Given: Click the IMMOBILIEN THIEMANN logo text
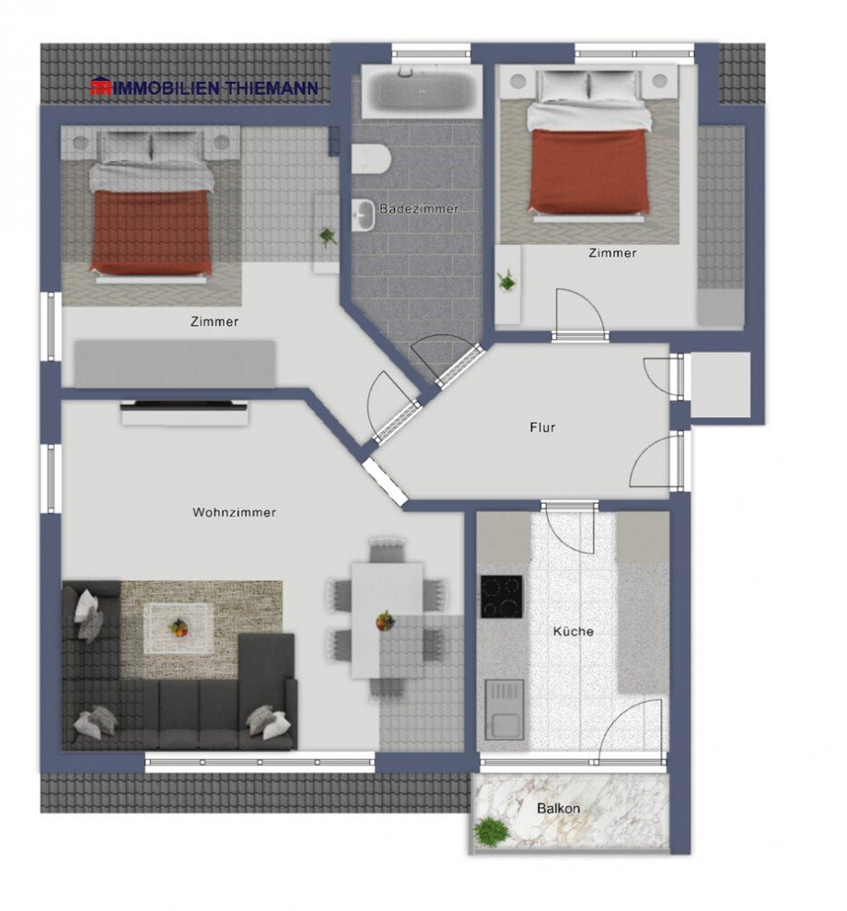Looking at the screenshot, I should tap(204, 88).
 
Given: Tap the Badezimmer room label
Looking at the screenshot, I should tap(419, 209).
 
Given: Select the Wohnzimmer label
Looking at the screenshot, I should tap(234, 513).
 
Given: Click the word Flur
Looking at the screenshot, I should tap(542, 427).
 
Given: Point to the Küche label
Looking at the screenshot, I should tap(573, 632).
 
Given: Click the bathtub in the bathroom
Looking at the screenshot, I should tap(420, 91).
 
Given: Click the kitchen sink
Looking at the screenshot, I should tap(504, 709).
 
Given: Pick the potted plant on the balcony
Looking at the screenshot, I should tap(491, 831).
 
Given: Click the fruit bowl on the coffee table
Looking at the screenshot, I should tap(178, 627).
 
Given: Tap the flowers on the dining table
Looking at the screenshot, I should tap(385, 621).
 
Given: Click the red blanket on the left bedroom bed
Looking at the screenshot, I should tap(152, 231).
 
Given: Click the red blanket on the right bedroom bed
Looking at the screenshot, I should tap(589, 172).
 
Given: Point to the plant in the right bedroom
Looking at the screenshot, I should tap(505, 280).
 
